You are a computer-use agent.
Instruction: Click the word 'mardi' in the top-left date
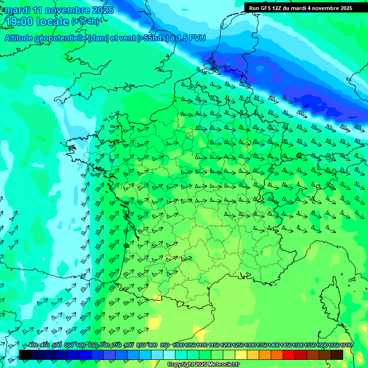(17, 10)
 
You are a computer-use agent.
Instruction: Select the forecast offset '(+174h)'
(85, 22)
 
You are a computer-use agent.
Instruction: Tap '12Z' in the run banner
(277, 8)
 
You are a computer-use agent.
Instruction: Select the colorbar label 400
(33, 345)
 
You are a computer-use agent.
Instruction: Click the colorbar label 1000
(178, 345)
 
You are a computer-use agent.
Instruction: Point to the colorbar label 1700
(346, 345)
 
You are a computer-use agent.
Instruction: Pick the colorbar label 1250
(238, 345)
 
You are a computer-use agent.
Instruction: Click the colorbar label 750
(116, 345)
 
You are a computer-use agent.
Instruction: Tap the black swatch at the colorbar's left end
(25, 355)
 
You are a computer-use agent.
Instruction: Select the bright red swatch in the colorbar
(288, 355)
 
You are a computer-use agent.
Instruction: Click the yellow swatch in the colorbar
(241, 355)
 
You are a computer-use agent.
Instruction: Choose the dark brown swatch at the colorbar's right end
(336, 355)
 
